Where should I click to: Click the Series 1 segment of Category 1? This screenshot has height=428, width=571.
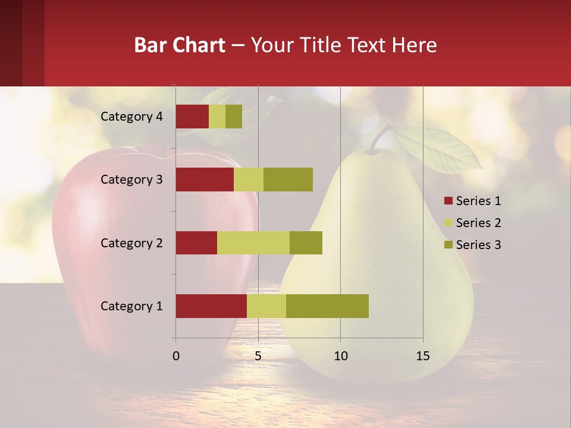[211, 306]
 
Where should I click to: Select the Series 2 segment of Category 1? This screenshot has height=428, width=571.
[266, 306]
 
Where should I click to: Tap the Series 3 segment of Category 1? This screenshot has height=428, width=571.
[327, 306]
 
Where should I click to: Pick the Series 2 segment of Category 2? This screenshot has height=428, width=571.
[253, 243]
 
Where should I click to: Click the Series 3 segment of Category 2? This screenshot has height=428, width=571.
[306, 243]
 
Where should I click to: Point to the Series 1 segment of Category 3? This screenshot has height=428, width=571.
[205, 180]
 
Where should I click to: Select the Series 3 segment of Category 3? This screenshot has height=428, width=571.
[288, 180]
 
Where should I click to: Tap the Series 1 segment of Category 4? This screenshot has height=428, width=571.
[192, 117]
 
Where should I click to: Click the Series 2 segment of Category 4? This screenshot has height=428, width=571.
[217, 117]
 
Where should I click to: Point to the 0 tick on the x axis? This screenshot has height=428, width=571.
[176, 356]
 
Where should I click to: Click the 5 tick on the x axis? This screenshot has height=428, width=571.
[258, 356]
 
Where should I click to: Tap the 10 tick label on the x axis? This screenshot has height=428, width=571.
[340, 356]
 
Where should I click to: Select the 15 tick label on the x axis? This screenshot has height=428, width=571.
[423, 356]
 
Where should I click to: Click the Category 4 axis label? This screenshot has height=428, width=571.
[131, 117]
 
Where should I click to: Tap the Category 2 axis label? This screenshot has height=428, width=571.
[131, 243]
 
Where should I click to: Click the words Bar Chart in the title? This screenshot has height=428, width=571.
[180, 45]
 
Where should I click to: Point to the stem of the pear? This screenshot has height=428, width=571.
[381, 137]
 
